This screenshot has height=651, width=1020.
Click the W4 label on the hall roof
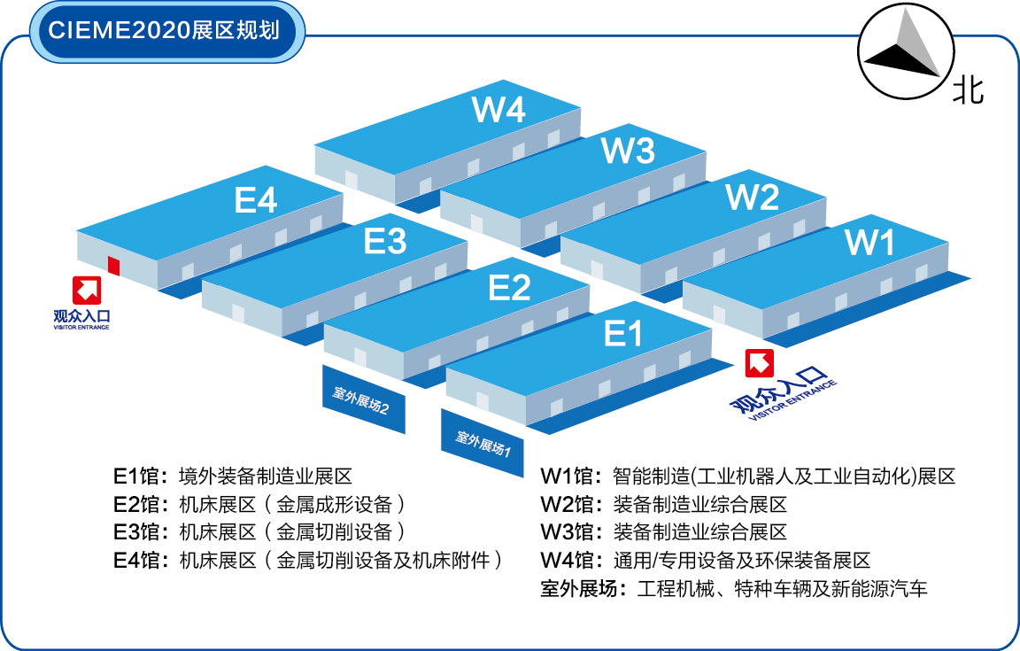[499, 110]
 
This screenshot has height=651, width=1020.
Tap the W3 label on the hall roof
[628, 151]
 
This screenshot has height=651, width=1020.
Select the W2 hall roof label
[752, 197]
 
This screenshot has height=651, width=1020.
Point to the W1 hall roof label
[871, 242]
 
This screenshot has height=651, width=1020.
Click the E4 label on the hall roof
[256, 201]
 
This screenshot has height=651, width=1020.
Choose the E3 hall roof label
[385, 241]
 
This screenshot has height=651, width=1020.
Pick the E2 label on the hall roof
[509, 288]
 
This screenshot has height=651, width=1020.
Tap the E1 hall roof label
[622, 334]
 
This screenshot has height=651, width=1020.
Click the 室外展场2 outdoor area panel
[362, 399]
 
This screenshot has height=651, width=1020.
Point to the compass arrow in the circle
[902, 53]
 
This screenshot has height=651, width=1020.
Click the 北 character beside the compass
[968, 89]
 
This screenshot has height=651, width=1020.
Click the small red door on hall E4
[113, 265]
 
